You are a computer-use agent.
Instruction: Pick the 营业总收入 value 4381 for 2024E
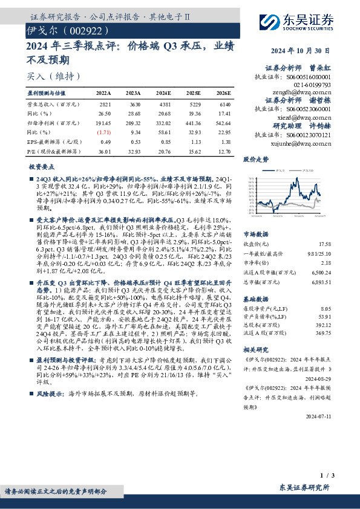[163, 105]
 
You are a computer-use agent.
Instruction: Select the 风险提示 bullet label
[50, 393]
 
